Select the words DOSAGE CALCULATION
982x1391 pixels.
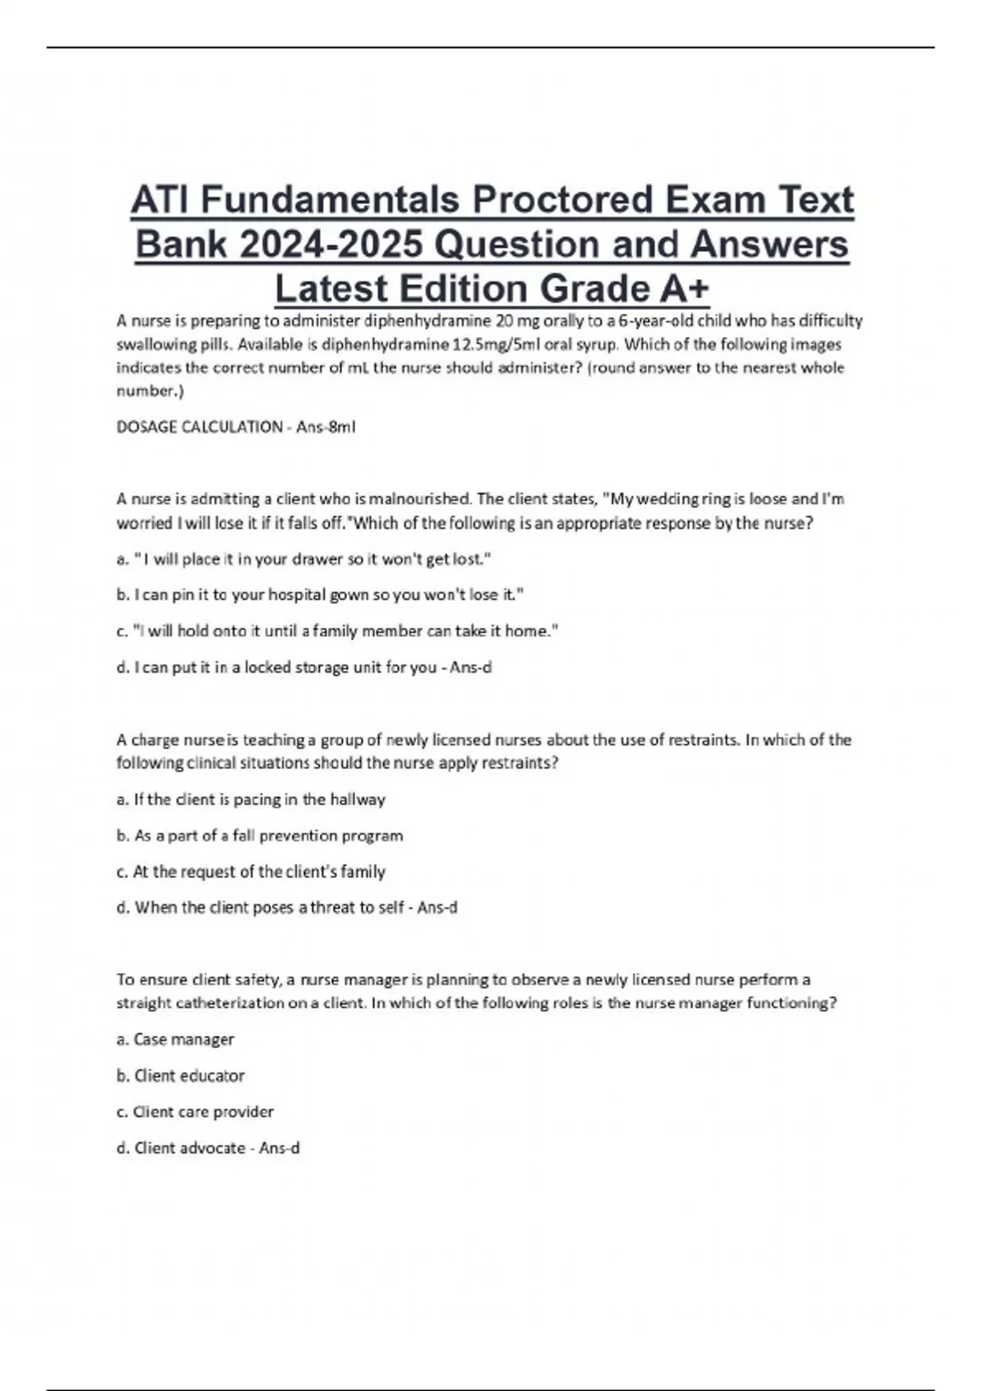(x=200, y=427)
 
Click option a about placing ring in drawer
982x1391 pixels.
(x=304, y=560)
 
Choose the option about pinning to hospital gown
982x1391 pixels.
(x=319, y=596)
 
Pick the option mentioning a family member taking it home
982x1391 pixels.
(x=337, y=632)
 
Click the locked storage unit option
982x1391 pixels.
(x=304, y=668)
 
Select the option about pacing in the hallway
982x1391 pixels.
(x=250, y=799)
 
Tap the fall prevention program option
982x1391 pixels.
(x=259, y=835)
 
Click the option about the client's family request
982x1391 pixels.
(x=250, y=872)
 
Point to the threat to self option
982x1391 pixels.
(x=286, y=908)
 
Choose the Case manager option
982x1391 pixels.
(x=175, y=1040)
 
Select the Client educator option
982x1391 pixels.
(x=180, y=1076)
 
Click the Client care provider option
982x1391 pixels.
(x=195, y=1112)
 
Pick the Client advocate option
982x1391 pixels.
(x=208, y=1149)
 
